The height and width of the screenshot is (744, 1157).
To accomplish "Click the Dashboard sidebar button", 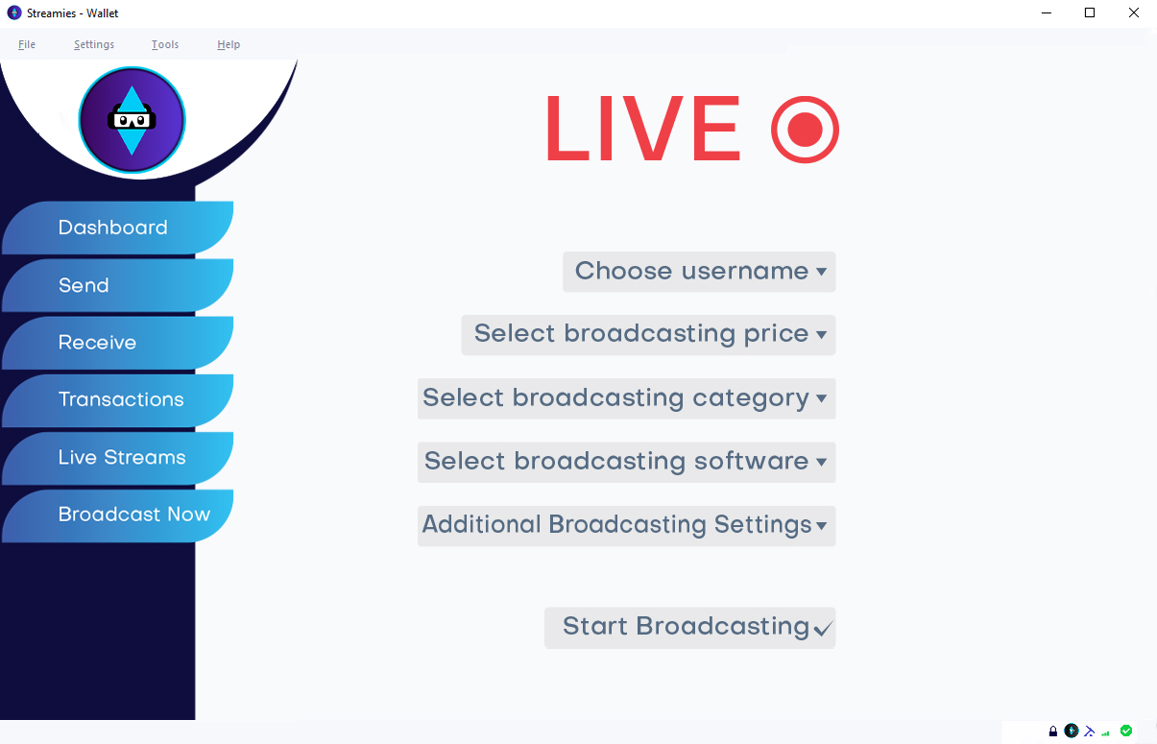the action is click(118, 228).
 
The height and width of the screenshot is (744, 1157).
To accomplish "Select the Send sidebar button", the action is click(118, 285).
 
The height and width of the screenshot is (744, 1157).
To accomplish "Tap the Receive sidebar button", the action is click(118, 343).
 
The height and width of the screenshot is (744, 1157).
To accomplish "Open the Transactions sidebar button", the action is click(118, 400).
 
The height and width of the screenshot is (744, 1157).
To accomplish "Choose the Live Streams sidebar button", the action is click(118, 458).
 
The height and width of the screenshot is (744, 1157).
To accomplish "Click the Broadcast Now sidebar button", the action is click(118, 516).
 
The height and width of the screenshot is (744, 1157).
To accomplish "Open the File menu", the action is click(27, 44).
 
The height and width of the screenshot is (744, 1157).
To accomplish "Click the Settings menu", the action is click(94, 44).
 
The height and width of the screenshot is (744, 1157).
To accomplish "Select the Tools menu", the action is click(165, 44).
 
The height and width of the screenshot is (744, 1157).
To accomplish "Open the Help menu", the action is click(229, 44).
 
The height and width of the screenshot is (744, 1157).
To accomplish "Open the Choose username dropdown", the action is click(699, 272).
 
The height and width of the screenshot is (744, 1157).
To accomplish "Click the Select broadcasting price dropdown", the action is click(648, 335).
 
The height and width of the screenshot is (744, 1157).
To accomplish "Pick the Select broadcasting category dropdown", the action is click(627, 398).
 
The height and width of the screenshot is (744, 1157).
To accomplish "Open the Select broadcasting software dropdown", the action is click(627, 462).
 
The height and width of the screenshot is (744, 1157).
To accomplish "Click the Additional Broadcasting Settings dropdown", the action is click(627, 526).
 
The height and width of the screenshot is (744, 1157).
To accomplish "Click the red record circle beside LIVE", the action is click(805, 130).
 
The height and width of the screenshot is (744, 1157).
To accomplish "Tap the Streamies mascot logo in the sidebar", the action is click(132, 120).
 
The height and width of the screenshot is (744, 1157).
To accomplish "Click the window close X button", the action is click(1133, 12).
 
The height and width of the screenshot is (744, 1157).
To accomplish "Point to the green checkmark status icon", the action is click(1126, 731).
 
